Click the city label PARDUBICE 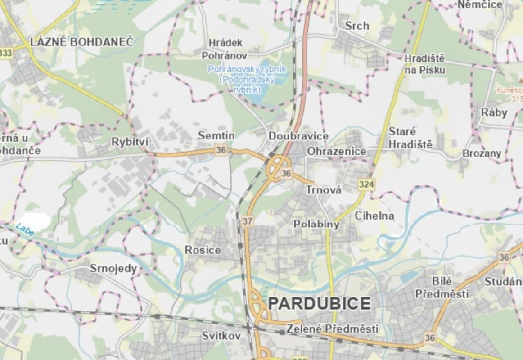[320, 303]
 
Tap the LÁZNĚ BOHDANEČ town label [82, 42]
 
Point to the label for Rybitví [130, 142]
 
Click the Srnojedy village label [113, 269]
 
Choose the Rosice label [203, 250]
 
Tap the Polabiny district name [316, 224]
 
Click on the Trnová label [324, 190]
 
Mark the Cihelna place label [374, 216]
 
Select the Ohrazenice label [337, 152]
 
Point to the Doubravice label [298, 136]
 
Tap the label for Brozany [482, 153]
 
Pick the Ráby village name [494, 112]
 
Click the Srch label [357, 26]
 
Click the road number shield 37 [247, 221]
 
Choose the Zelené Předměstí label [332, 329]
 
